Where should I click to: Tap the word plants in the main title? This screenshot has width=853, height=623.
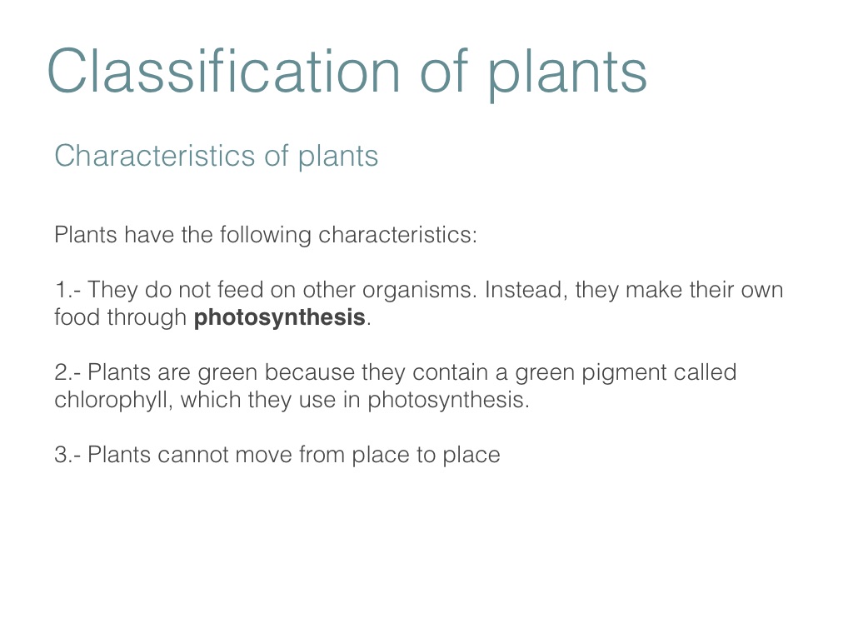tap(566, 74)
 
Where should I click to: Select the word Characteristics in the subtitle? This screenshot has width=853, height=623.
tap(155, 156)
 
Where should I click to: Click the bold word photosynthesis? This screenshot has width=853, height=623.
tap(280, 318)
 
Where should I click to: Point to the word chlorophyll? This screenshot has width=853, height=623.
tap(113, 400)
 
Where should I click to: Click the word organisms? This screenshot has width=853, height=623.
tap(420, 291)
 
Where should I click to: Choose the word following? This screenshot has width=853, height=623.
tap(266, 236)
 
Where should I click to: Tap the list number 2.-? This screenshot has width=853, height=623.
tap(68, 372)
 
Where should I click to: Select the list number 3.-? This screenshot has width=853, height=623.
tap(68, 455)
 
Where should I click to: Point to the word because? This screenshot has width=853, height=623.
tap(309, 372)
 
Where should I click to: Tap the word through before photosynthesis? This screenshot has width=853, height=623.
tap(147, 318)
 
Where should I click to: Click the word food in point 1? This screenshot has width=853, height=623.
tap(77, 317)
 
